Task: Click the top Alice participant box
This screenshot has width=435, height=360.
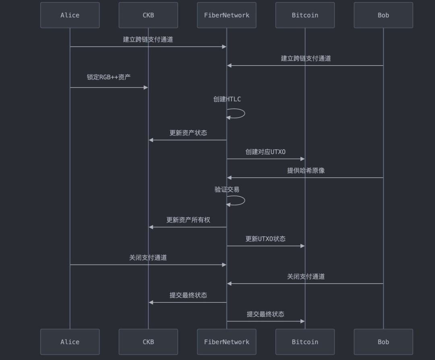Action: pyautogui.click(x=70, y=15)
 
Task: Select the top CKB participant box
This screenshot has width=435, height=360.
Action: pyautogui.click(x=148, y=15)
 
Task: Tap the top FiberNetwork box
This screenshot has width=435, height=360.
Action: pyautogui.click(x=227, y=15)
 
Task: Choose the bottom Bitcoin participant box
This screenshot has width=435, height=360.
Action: pyautogui.click(x=305, y=342)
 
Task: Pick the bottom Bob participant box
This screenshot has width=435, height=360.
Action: pyautogui.click(x=383, y=342)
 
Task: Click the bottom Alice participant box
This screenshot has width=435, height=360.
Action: pyautogui.click(x=70, y=342)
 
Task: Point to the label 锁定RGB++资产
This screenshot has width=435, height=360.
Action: pyautogui.click(x=109, y=77)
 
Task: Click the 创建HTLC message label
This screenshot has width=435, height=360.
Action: pyautogui.click(x=227, y=99)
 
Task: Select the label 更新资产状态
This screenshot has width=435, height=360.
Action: pyautogui.click(x=188, y=133)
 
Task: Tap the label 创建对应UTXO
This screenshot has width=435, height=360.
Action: pyautogui.click(x=265, y=152)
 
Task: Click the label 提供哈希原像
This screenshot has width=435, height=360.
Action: pyautogui.click(x=306, y=171)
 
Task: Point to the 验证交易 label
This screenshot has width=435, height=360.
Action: pyautogui.click(x=227, y=189)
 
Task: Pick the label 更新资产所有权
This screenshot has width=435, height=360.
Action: pyautogui.click(x=188, y=220)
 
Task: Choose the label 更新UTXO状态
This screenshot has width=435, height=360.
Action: pyautogui.click(x=265, y=239)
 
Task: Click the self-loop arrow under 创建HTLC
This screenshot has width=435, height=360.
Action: pyautogui.click(x=245, y=113)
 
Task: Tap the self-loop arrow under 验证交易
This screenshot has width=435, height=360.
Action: pyautogui.click(x=245, y=200)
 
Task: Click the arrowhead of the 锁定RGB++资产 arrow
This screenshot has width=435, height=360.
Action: pyautogui.click(x=146, y=87)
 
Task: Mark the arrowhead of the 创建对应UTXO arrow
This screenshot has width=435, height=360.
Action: pyautogui.click(x=302, y=159)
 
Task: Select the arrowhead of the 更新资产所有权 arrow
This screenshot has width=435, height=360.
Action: pyautogui.click(x=151, y=227)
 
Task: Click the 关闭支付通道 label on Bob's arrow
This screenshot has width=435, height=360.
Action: pyautogui.click(x=306, y=277)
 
